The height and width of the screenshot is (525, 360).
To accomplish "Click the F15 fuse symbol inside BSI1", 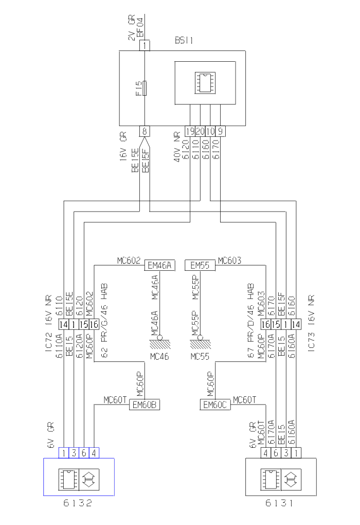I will (x=146, y=88).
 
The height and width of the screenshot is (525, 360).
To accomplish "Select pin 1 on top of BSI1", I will (x=146, y=45).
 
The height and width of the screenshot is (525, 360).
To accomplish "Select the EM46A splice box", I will (x=160, y=266).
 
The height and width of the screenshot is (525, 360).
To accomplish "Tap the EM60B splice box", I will (x=145, y=405).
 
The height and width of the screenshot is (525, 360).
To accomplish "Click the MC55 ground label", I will (x=200, y=356).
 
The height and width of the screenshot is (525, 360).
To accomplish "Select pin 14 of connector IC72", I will (x=63, y=325).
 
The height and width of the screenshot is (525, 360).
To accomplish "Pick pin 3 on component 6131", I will (x=286, y=453).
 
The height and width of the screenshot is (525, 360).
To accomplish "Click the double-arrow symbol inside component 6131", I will (x=291, y=479).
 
